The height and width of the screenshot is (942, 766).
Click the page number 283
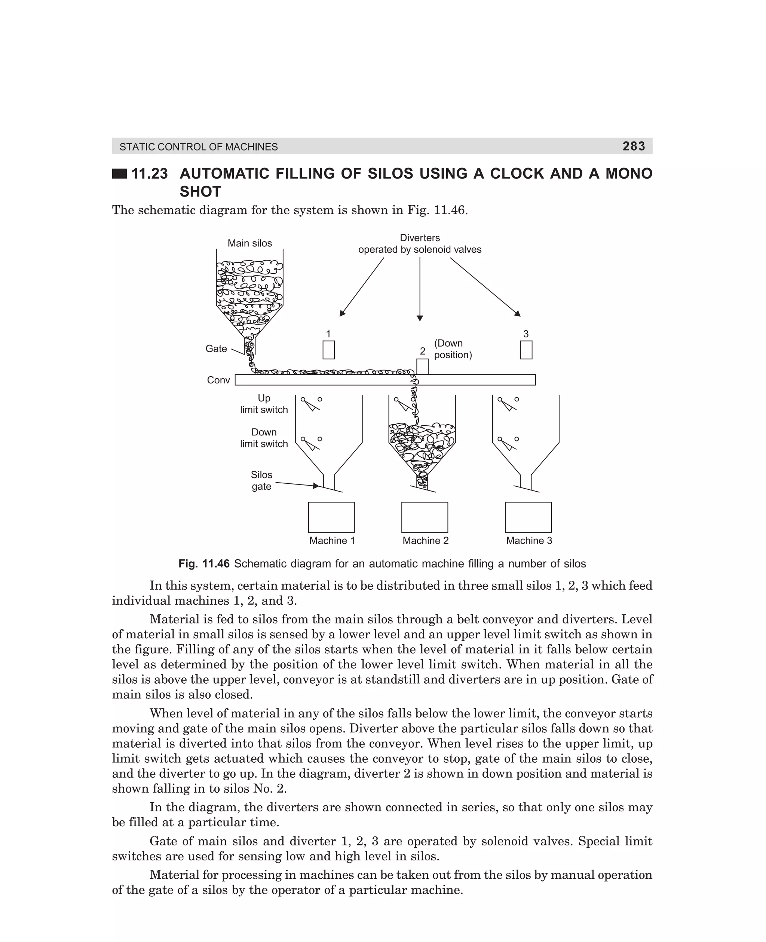pos(634,146)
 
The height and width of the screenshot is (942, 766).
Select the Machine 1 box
pos(331,517)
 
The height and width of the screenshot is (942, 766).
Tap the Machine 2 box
pos(425,517)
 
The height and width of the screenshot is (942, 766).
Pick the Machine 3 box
pos(528,517)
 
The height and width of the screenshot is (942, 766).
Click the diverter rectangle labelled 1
pos(328,350)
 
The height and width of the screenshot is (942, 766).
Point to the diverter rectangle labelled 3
pos(526,350)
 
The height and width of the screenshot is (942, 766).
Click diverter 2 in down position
pos(422,367)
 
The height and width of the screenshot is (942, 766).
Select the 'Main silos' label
pos(250,243)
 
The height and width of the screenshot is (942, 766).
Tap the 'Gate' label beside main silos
pos(216,349)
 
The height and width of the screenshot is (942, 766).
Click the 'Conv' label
pos(218,380)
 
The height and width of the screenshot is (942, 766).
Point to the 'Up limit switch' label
pos(264,404)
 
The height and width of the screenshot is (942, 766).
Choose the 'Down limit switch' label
pos(264,438)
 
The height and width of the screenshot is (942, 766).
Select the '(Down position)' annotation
pos(453,349)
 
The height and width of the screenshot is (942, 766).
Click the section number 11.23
pos(150,174)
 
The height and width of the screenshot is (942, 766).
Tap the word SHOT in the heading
pos(200,192)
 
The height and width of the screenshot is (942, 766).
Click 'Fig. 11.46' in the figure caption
pos(204,564)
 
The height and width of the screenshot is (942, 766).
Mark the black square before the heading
pos(119,174)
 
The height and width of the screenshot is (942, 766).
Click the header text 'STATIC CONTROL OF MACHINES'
pos(199,147)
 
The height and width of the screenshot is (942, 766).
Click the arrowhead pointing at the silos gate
pos(316,486)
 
